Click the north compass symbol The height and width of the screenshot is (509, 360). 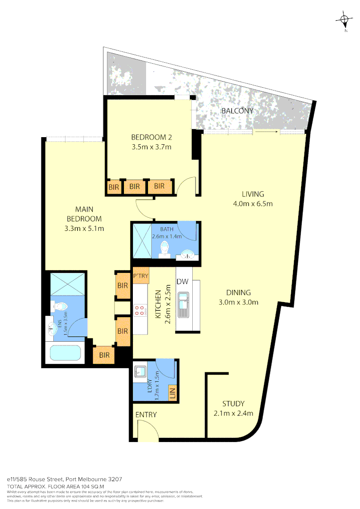point(344,20)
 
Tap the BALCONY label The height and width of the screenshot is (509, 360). point(237,111)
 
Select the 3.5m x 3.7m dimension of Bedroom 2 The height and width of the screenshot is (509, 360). point(151,147)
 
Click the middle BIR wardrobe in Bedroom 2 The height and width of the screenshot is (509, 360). point(135,187)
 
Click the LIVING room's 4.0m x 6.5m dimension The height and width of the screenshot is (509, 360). point(253,204)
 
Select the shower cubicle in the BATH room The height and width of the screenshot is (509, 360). point(141,240)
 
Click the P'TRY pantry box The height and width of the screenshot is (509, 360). point(141,276)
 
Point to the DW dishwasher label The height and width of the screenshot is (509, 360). point(182,282)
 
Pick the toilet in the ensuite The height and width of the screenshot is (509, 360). point(60,306)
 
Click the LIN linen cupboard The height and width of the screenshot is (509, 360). point(172,391)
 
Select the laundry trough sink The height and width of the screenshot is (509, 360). point(141,371)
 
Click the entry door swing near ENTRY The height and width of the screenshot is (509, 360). point(147,430)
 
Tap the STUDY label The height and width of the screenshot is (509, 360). point(233,403)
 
